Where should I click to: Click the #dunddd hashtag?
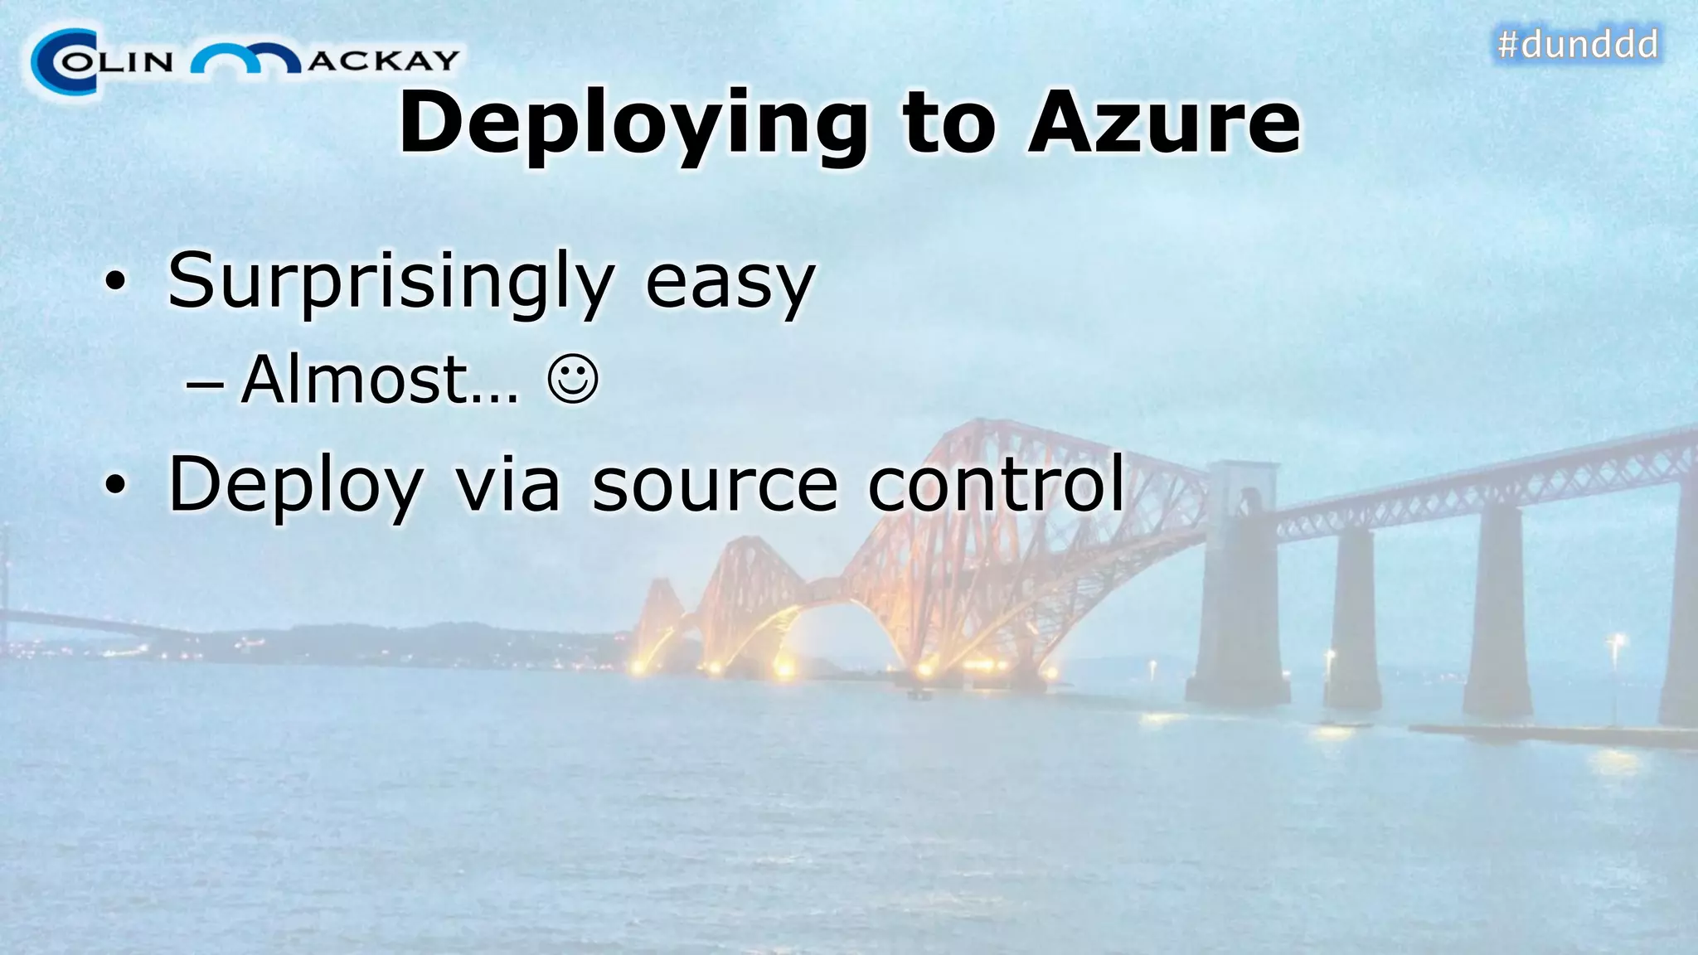[1577, 44]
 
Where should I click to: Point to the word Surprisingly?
[391, 282]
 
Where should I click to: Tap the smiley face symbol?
[573, 380]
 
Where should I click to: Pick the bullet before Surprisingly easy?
[115, 283]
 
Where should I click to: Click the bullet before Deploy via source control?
[115, 486]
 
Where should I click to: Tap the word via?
[507, 485]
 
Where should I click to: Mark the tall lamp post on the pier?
[1615, 680]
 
